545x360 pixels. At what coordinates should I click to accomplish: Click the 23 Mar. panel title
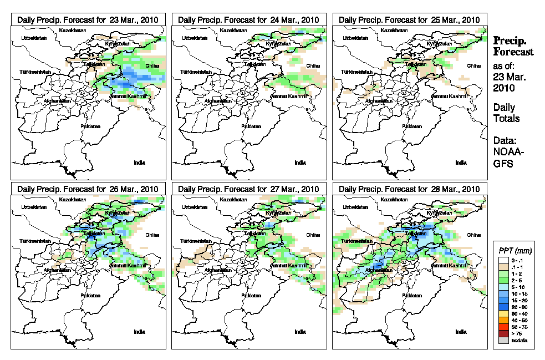click(88, 19)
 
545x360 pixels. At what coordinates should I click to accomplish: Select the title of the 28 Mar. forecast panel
click(409, 189)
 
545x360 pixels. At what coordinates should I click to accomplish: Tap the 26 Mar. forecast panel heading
click(88, 189)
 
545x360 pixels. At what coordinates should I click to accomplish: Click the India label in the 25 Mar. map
click(461, 163)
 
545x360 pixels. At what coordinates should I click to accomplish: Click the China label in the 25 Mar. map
click(473, 65)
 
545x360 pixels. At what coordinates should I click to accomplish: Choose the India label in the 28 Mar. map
click(461, 332)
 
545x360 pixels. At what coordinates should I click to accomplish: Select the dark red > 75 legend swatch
click(502, 334)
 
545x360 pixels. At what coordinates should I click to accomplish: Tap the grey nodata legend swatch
click(502, 340)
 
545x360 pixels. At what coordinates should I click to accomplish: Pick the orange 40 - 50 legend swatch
click(502, 321)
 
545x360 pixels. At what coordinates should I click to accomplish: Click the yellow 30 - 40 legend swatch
click(502, 314)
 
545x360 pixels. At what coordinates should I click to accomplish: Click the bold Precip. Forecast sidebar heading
click(513, 46)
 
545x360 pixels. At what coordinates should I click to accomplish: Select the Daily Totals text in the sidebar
click(506, 113)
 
